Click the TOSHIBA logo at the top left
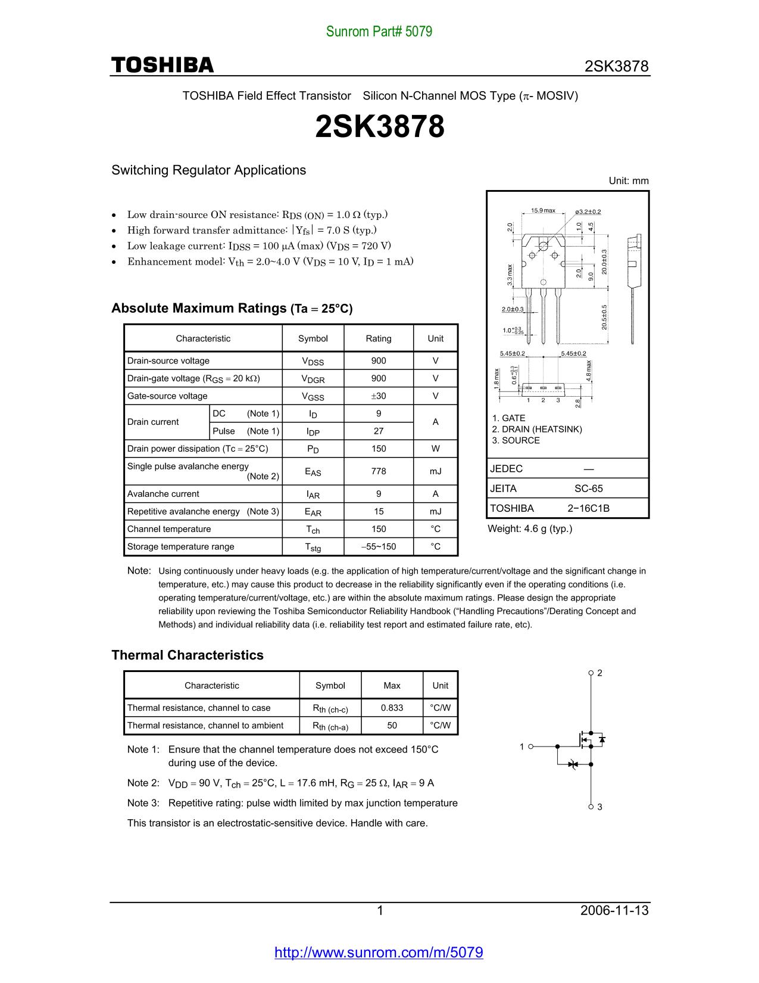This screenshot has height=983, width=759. pos(162,65)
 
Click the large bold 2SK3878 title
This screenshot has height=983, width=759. pos(379,127)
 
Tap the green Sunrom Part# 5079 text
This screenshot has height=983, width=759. pos(379,32)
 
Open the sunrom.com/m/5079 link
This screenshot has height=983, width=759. pos(379,952)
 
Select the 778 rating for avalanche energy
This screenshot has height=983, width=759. pos(378,471)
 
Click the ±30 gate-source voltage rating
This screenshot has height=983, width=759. pos(378,396)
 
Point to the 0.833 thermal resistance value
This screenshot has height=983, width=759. pos(392,708)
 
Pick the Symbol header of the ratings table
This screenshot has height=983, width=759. pos(313,338)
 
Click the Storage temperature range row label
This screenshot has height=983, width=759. pos(181,546)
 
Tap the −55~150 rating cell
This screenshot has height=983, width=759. pos(378,546)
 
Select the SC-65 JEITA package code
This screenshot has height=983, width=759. pos(588,489)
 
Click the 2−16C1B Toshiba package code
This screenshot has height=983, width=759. pos(588,508)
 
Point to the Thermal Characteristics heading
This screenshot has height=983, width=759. pos(188,655)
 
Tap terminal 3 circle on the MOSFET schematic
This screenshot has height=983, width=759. pos(591,806)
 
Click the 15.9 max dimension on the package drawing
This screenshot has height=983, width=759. pos(543,210)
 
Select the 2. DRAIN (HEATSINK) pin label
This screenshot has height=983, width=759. pos(537,430)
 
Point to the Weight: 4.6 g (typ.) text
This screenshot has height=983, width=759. pos(530,528)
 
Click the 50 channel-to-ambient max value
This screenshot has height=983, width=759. pos(392,725)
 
